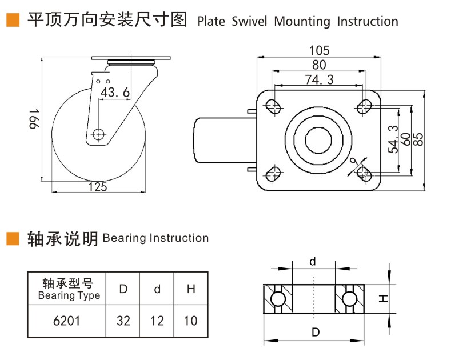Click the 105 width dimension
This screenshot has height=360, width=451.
318,51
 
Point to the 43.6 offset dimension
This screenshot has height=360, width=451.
115,92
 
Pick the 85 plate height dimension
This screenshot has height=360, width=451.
418,140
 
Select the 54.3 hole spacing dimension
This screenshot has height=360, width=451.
393,140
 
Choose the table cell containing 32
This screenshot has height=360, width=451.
123,321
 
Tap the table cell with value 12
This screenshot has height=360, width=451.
157,321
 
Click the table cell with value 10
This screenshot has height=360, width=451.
190,321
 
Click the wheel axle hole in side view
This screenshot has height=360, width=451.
98,135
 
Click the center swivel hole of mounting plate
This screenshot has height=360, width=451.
318,139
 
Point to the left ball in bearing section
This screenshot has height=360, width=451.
278,299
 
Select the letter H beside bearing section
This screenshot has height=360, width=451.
384,298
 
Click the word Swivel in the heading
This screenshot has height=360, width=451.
250,22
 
